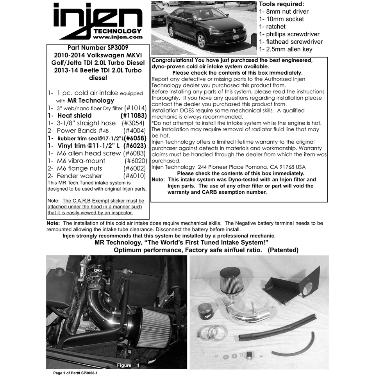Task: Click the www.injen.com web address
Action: [x=118, y=37]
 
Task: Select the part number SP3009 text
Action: [x=97, y=48]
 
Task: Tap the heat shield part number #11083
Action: [x=134, y=116]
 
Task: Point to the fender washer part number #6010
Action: [x=134, y=176]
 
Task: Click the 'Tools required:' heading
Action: [x=281, y=4]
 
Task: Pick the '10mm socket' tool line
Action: [x=281, y=19]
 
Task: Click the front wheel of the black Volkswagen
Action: [x=202, y=40]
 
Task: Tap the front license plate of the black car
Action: [x=236, y=37]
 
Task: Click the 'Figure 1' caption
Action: [x=128, y=365]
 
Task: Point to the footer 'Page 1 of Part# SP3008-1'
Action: [x=75, y=373]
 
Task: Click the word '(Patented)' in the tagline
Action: [x=283, y=250]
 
